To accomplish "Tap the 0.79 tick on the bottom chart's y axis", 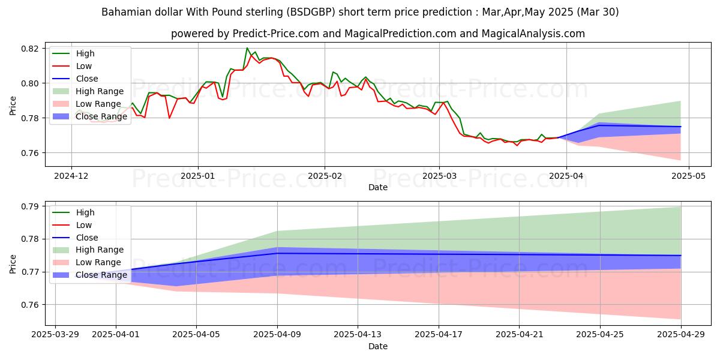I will (x=30, y=206).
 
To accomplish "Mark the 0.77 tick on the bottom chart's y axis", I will (x=30, y=272).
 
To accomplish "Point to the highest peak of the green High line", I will (x=247, y=48).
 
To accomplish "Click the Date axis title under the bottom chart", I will (x=378, y=346).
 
